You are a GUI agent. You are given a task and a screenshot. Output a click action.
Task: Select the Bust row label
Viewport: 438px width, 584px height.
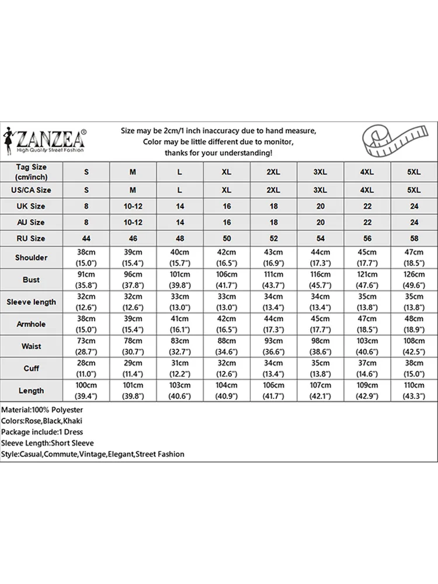(x=32, y=280)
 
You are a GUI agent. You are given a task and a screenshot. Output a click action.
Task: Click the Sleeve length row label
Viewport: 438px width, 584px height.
(x=32, y=302)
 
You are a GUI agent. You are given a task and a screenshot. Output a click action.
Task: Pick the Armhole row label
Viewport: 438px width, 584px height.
(x=32, y=324)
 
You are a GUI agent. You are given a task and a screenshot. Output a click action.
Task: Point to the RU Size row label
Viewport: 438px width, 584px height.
(x=32, y=238)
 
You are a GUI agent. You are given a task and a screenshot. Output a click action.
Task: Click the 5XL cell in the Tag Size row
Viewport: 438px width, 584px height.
(x=413, y=172)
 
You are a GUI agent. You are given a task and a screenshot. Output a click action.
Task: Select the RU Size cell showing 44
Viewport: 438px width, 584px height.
(x=87, y=238)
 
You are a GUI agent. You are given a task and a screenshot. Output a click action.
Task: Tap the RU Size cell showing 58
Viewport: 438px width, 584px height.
(x=413, y=238)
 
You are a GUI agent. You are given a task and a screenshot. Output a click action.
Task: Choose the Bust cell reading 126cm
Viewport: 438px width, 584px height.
(x=413, y=280)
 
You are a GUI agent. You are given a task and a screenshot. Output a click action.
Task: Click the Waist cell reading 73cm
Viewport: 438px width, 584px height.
(x=87, y=346)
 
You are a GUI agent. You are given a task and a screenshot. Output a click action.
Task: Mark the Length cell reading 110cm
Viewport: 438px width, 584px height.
(x=413, y=391)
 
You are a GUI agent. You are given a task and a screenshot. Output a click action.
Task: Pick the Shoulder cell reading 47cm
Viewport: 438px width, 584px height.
(x=413, y=258)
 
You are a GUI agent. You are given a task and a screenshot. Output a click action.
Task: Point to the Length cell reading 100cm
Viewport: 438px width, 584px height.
(x=87, y=391)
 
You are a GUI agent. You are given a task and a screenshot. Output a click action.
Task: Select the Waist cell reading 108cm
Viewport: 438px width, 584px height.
(x=413, y=346)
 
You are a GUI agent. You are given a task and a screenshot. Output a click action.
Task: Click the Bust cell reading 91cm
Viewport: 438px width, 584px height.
(x=87, y=280)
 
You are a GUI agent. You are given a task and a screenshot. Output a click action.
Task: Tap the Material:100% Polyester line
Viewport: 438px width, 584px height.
(x=43, y=411)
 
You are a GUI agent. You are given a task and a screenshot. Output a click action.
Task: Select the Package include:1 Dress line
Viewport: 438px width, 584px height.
(x=43, y=432)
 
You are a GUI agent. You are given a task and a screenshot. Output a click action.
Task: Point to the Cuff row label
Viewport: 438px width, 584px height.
(x=32, y=369)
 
